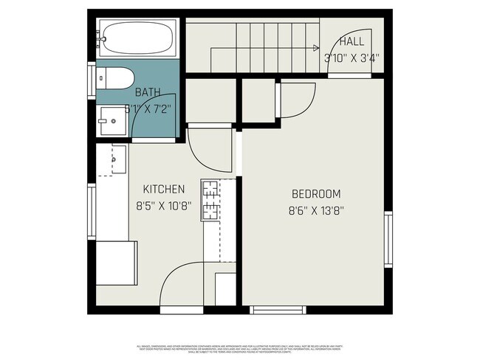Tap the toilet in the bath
pyautogui.click(x=117, y=76)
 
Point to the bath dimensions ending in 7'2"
pyautogui.click(x=151, y=108)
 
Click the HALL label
pyautogui.click(x=352, y=41)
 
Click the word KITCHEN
pyautogui.click(x=163, y=190)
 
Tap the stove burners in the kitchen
pyautogui.click(x=210, y=199)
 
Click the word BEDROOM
pyautogui.click(x=316, y=194)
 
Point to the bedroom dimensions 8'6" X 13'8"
pyautogui.click(x=317, y=210)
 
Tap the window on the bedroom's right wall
pyautogui.click(x=388, y=239)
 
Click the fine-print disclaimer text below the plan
pyautogui.click(x=240, y=348)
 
